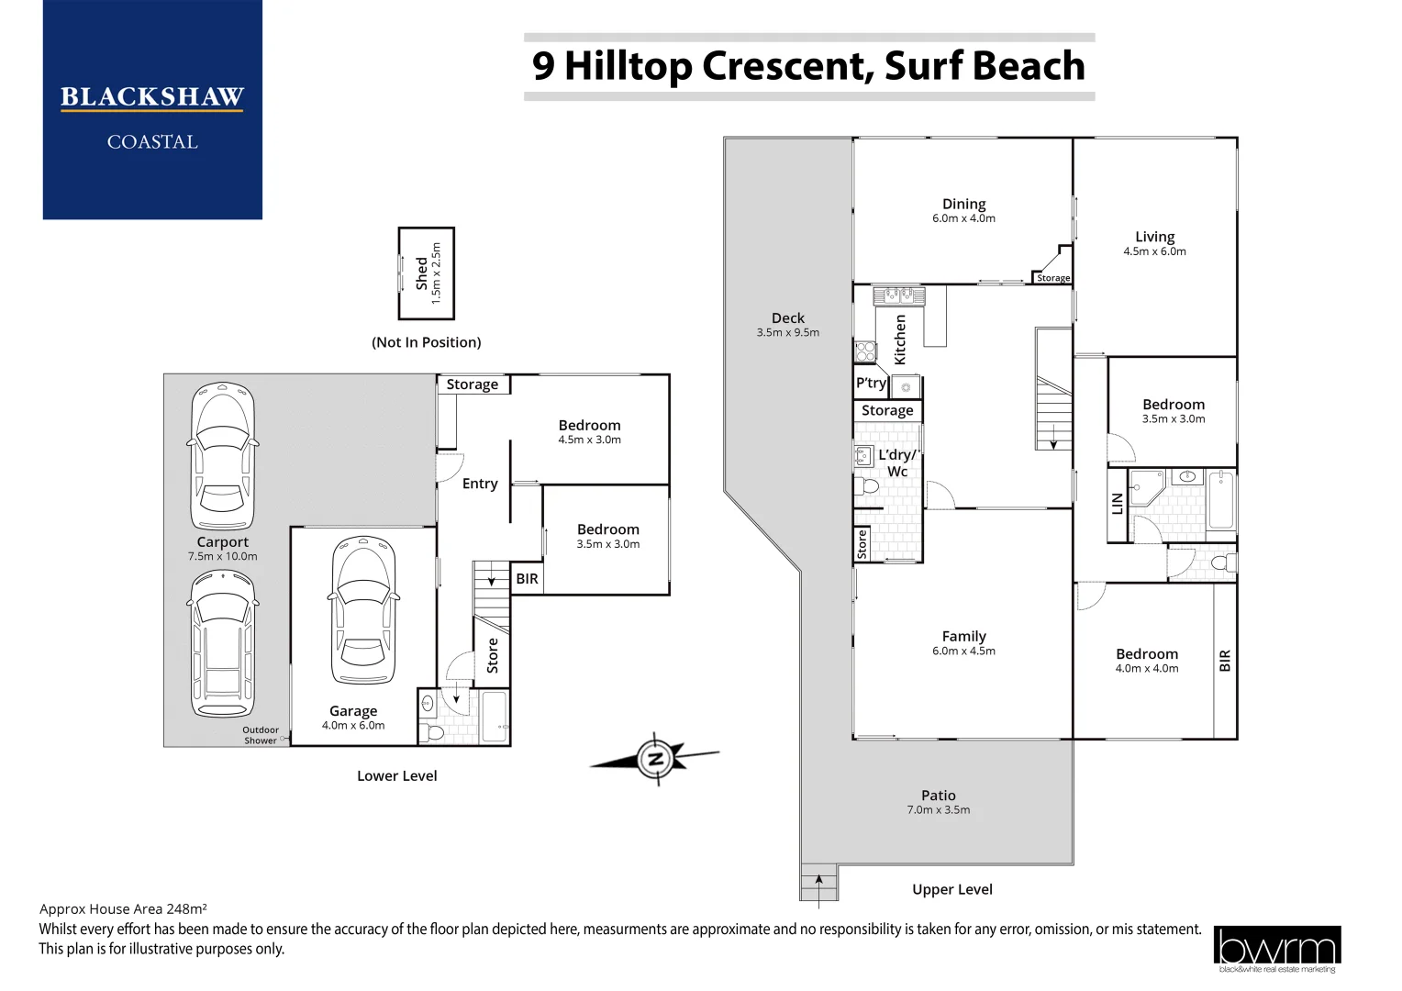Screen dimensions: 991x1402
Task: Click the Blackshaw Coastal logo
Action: click(x=152, y=110)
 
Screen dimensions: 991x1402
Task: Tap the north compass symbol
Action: click(x=655, y=759)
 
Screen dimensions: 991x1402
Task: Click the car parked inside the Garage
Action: click(x=364, y=610)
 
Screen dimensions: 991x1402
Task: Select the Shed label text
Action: click(x=421, y=273)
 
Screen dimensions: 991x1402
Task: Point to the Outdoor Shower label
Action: click(x=261, y=736)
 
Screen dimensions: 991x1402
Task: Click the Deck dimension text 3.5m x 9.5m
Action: click(x=787, y=333)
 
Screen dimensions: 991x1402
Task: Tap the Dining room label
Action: click(x=963, y=204)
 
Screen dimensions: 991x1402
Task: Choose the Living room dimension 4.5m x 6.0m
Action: click(x=1154, y=251)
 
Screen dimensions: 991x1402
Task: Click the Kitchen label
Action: click(x=900, y=340)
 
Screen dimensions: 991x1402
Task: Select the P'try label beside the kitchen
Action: click(x=871, y=384)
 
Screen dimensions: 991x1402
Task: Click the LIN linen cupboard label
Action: click(x=1117, y=504)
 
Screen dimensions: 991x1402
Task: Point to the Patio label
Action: click(x=938, y=796)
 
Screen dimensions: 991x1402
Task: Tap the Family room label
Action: click(x=963, y=636)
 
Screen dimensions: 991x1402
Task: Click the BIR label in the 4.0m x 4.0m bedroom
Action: click(x=1224, y=661)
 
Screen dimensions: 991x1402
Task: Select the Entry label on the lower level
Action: click(x=480, y=484)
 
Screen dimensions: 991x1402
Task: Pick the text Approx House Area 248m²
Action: click(x=123, y=909)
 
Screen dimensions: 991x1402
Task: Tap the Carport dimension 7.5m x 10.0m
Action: click(x=222, y=557)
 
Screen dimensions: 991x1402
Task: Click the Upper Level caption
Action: click(x=951, y=889)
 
